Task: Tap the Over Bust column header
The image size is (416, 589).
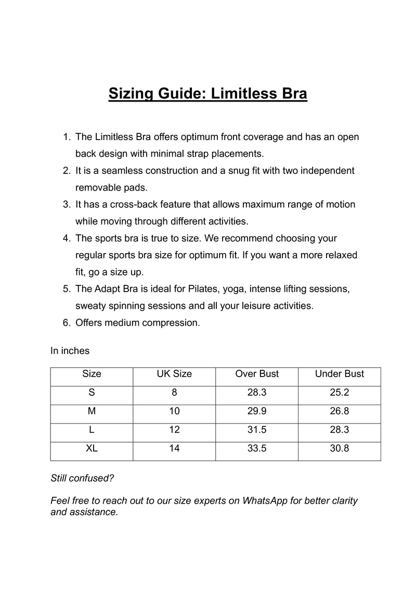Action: click(257, 374)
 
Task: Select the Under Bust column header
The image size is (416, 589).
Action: click(340, 374)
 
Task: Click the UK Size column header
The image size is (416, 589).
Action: click(174, 374)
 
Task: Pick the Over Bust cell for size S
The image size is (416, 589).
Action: click(257, 393)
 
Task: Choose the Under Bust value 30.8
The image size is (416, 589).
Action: click(340, 448)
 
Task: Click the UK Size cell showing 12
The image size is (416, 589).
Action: click(174, 430)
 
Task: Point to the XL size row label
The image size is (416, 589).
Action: click(92, 448)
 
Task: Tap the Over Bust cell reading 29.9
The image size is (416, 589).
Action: click(257, 411)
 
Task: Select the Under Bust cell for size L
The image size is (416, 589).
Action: click(340, 430)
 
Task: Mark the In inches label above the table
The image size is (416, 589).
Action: click(70, 350)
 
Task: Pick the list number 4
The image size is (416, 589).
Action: click(66, 238)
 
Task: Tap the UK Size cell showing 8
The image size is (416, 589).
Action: click(174, 393)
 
